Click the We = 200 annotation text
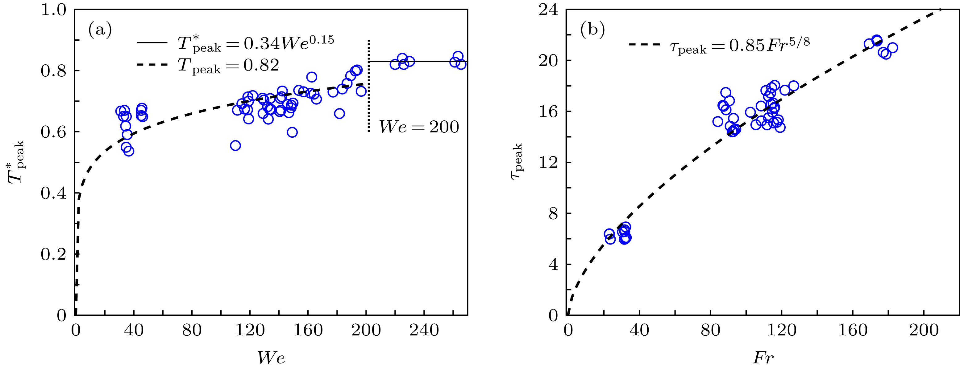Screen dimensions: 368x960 coord(419,127)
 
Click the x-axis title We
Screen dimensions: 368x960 coord(271,358)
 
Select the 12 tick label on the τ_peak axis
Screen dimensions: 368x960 coord(548,163)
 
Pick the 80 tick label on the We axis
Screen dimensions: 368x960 coord(192,330)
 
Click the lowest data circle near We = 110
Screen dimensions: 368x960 coord(235,145)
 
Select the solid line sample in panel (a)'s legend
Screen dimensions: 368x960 coord(153,43)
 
